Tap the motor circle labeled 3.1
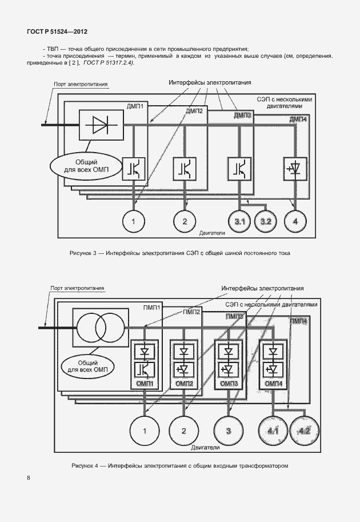tap(237, 221)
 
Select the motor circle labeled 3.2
tap(266, 221)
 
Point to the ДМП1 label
tap(138, 106)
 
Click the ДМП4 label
tap(298, 119)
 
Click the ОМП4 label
tap(271, 383)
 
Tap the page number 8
tap(27, 477)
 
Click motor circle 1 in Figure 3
tap(134, 221)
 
